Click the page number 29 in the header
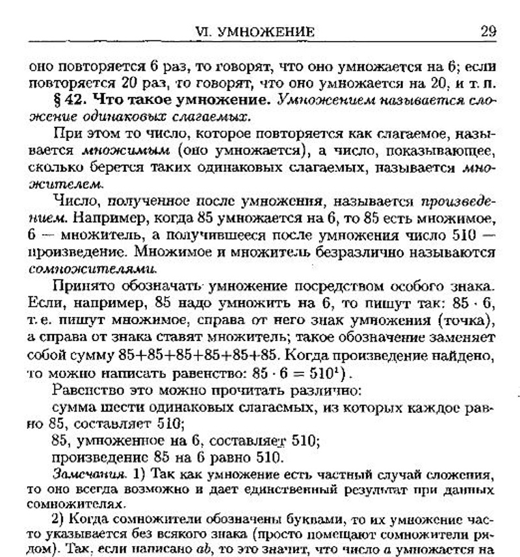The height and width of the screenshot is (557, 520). tap(488, 31)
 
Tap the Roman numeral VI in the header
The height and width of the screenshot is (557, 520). tap(214, 32)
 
